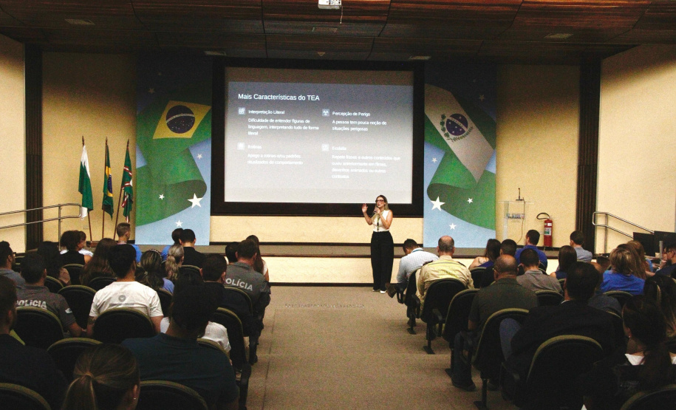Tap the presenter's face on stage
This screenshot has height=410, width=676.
click(x=381, y=201)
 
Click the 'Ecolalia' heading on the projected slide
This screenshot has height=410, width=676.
click(x=339, y=148)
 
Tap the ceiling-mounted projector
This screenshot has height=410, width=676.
click(x=330, y=4)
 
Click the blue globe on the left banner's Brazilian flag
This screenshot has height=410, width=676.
click(x=180, y=119)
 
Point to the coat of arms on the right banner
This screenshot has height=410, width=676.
click(x=457, y=126)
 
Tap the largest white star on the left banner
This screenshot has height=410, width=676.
click(x=195, y=200)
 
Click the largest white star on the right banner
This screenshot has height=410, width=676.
click(x=437, y=203)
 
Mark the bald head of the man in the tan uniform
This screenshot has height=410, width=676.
click(x=446, y=244)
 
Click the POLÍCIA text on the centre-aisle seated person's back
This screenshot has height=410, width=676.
click(x=239, y=284)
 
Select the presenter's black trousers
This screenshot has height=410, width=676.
click(x=382, y=259)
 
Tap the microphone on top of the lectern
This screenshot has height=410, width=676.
click(x=519, y=194)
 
